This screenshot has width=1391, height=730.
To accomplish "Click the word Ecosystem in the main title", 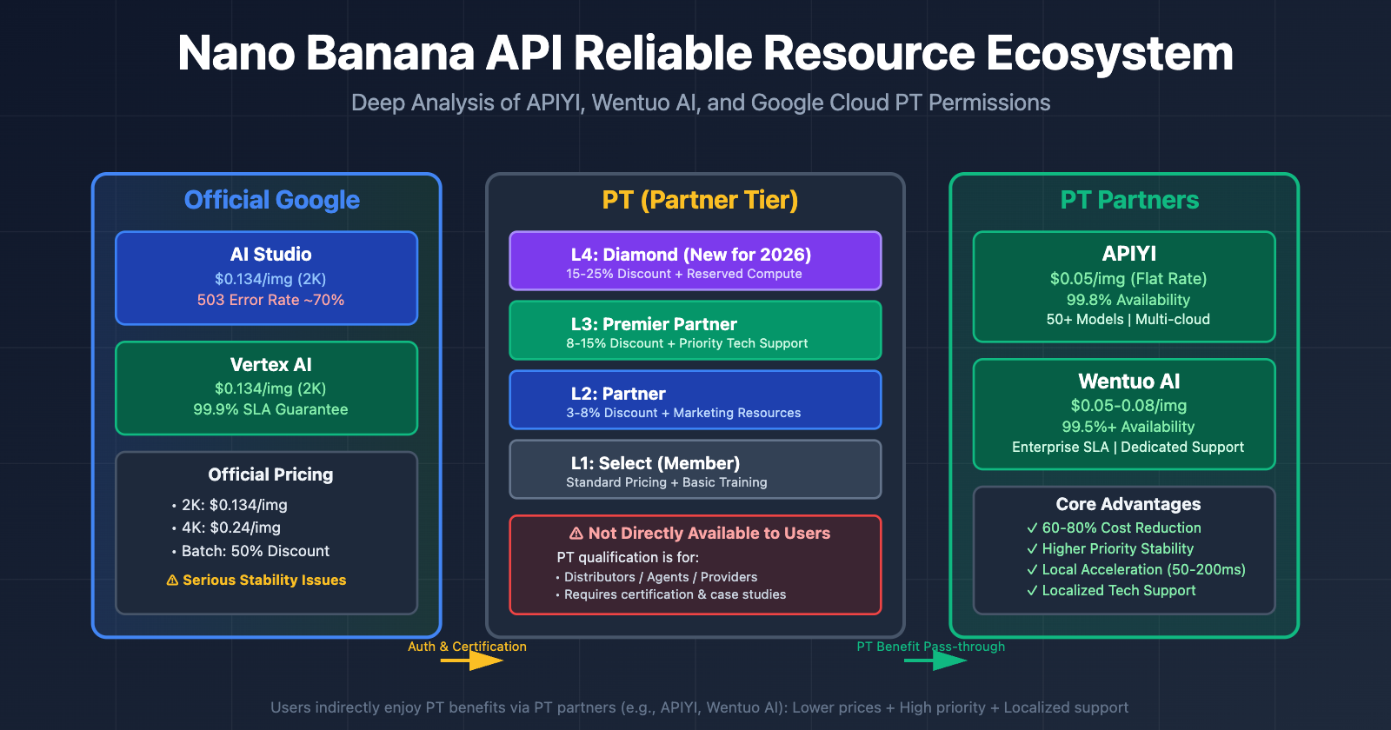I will click(1109, 54).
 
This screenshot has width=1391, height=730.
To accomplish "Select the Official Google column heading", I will click(271, 200).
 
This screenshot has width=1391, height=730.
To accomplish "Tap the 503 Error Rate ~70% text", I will click(270, 300).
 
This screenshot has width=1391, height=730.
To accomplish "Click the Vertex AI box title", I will click(270, 365).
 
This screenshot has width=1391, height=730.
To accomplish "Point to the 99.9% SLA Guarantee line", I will click(270, 409).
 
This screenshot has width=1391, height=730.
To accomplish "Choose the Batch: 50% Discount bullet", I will click(255, 551).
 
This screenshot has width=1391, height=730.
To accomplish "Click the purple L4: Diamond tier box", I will click(695, 261).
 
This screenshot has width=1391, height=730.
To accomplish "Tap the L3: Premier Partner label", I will click(654, 324).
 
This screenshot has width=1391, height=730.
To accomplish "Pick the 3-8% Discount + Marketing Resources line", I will click(683, 413).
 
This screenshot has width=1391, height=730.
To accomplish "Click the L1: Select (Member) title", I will click(655, 463).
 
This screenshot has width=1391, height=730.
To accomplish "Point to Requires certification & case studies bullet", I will click(674, 594).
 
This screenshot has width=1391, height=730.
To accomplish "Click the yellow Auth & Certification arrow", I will click(471, 660).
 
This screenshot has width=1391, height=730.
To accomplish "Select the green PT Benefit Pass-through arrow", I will click(935, 660).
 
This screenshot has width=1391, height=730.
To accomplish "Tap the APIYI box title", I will click(1128, 254).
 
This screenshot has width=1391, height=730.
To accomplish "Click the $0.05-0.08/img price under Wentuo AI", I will click(1128, 406).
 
